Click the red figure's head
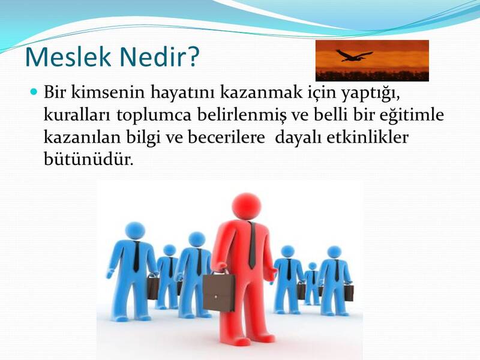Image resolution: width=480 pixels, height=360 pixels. [247, 207]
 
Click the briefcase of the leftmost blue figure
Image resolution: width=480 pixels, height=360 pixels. [152, 287]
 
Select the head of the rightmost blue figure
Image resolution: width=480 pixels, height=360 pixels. [334, 251]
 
